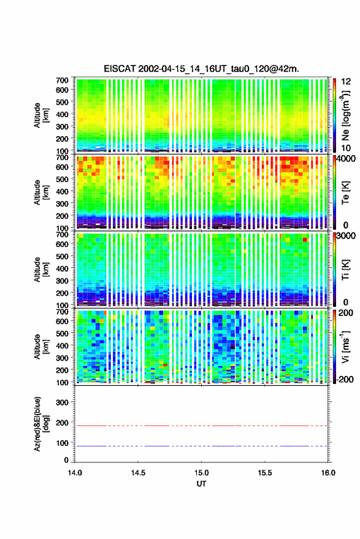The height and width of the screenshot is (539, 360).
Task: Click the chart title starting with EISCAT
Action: tap(201, 69)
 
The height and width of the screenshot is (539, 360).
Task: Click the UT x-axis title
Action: tap(201, 484)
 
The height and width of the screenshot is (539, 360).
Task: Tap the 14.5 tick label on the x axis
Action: tap(138, 473)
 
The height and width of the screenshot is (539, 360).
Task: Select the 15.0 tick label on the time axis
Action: tap(201, 473)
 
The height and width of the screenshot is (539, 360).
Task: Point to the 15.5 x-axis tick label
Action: tap(264, 473)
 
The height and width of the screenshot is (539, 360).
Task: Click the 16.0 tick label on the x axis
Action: tap(328, 473)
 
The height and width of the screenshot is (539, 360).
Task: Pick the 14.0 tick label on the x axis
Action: tap(75, 473)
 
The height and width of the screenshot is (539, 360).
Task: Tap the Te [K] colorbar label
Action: tap(345, 193)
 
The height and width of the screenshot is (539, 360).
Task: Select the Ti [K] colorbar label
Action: tap(345, 270)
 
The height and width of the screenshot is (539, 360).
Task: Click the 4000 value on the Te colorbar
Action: tap(345, 159)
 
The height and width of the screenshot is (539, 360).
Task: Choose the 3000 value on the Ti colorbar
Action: tap(345, 236)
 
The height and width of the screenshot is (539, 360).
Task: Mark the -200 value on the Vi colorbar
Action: tap(343, 380)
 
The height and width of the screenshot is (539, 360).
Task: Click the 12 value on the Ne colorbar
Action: tap(346, 82)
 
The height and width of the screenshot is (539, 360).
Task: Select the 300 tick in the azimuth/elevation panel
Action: tap(62, 402)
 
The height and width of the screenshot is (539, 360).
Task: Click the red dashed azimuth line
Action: tap(201, 426)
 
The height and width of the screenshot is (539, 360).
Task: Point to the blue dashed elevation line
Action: tap(201, 446)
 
